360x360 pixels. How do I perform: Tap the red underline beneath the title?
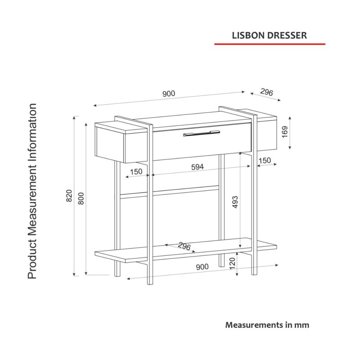[x=270, y=44]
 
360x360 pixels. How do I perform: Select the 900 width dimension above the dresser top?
[x=169, y=94]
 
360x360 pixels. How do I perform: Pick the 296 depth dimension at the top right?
[x=266, y=92]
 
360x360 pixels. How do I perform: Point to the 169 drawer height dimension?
[x=285, y=132]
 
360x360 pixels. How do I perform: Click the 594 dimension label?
[x=198, y=167]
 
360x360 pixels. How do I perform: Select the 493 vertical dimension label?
[x=235, y=202]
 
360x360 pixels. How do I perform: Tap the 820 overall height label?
[x=69, y=196]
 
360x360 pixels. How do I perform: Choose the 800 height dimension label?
[x=81, y=198]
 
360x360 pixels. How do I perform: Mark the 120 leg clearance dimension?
[x=232, y=264]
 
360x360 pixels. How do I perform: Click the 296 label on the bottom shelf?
[x=184, y=246]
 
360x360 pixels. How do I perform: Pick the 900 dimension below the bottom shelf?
[x=202, y=267]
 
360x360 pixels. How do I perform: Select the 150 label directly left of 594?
[x=136, y=171]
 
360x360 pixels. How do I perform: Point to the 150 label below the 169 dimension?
[x=265, y=161]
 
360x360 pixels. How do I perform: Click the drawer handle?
[x=202, y=133]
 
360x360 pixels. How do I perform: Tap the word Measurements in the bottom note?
[x=254, y=325]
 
